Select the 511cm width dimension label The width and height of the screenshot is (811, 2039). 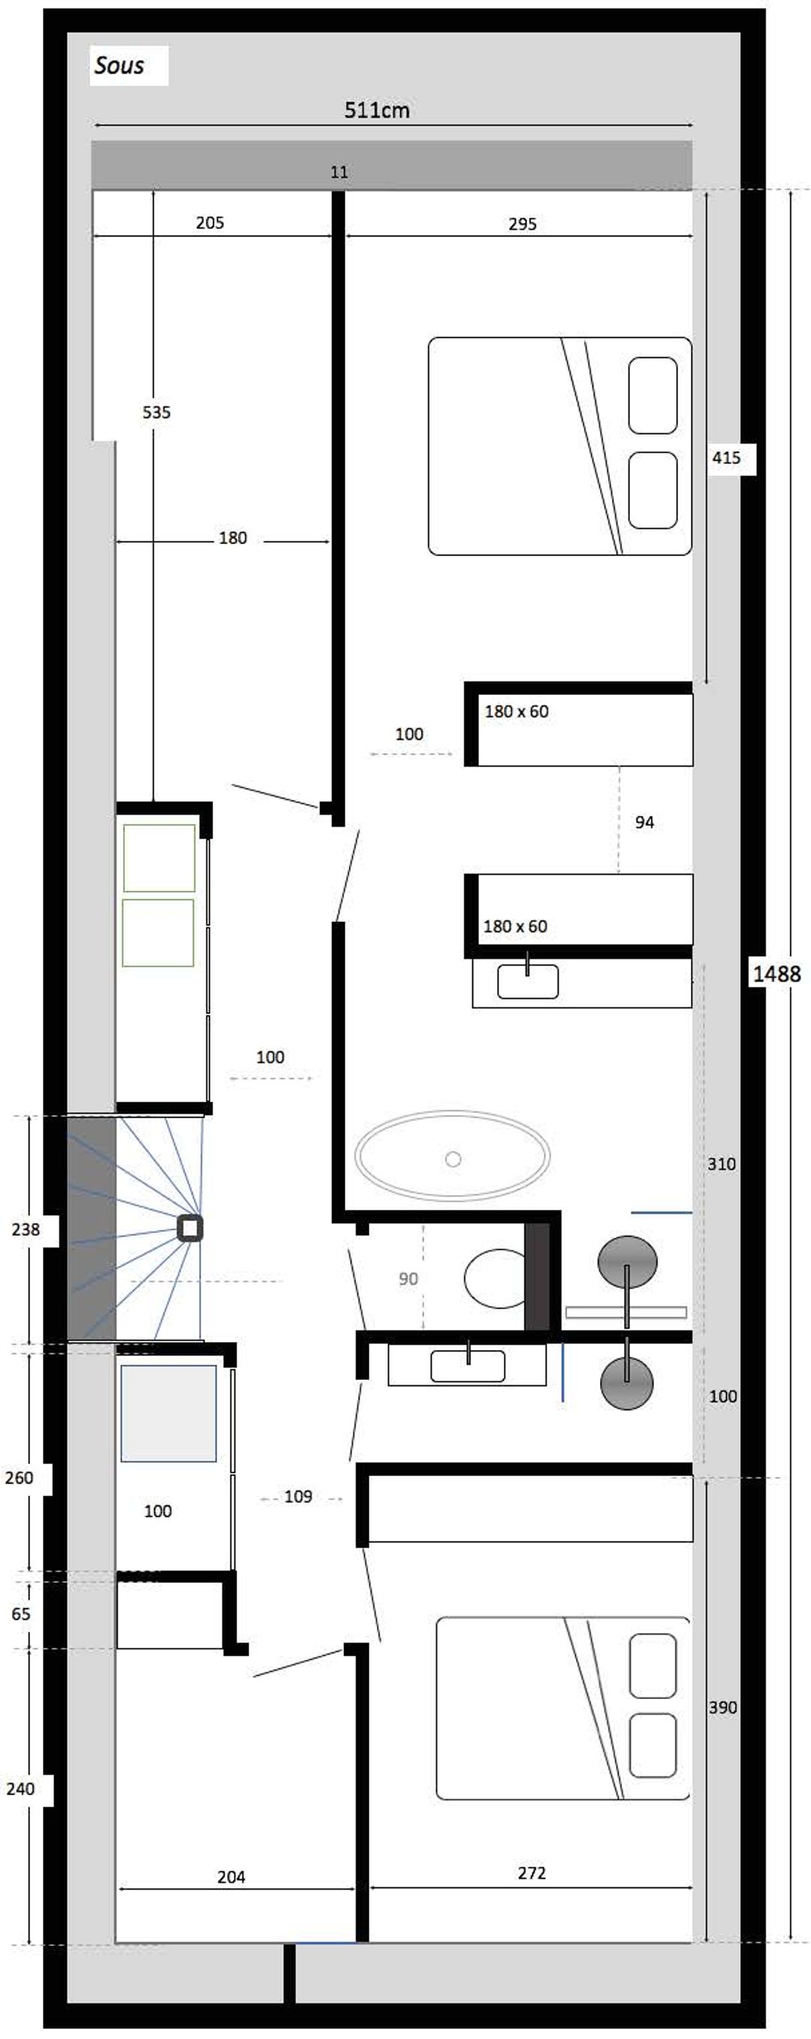coord(377,110)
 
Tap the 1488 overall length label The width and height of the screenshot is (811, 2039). coord(776,973)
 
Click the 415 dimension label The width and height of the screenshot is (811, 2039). coord(726,458)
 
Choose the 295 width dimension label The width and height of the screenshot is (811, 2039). coord(523,224)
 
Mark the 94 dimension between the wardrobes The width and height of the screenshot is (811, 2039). coord(645,823)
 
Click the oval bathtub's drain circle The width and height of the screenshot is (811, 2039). coord(453,1159)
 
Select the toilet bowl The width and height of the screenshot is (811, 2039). coord(495,1278)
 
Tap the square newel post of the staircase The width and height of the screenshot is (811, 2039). coord(190,1228)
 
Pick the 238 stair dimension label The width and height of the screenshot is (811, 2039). coord(26,1229)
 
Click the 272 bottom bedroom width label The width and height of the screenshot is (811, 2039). coord(532,1873)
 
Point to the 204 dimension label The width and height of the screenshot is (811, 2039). coord(231,1877)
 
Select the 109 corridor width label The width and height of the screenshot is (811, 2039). coord(299,1496)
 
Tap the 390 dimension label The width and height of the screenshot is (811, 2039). coord(723,1707)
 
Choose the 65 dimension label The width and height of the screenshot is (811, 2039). coord(21,1614)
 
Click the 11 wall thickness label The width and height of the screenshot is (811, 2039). coord(339,172)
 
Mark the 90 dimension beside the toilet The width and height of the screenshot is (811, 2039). coord(408,1278)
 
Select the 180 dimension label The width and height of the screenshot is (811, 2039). coord(233,538)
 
